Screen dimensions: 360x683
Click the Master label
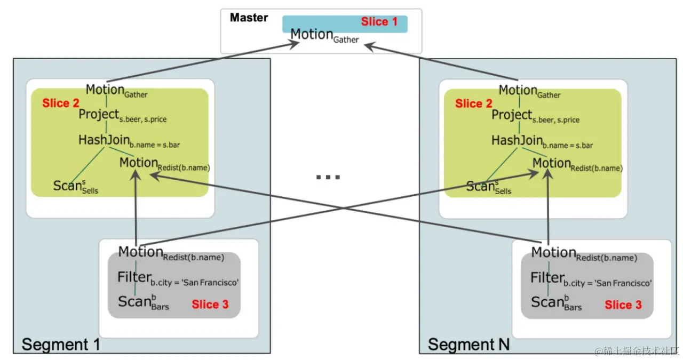click(x=249, y=18)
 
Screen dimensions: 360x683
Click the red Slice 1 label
click(x=379, y=22)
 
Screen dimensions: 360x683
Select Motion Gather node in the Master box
click(x=324, y=36)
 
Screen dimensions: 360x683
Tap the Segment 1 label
click(x=61, y=344)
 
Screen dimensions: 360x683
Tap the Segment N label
click(x=468, y=344)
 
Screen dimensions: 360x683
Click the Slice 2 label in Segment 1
click(x=60, y=103)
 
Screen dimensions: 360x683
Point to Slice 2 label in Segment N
click(x=473, y=103)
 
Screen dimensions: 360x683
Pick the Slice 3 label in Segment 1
click(x=210, y=305)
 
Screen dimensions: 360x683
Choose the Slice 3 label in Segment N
click(x=623, y=305)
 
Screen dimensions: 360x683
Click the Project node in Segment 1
click(x=122, y=116)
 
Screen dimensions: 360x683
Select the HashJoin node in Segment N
click(x=542, y=141)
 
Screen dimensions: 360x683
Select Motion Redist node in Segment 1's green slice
click(x=164, y=164)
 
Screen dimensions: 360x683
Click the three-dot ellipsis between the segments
click(x=328, y=177)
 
